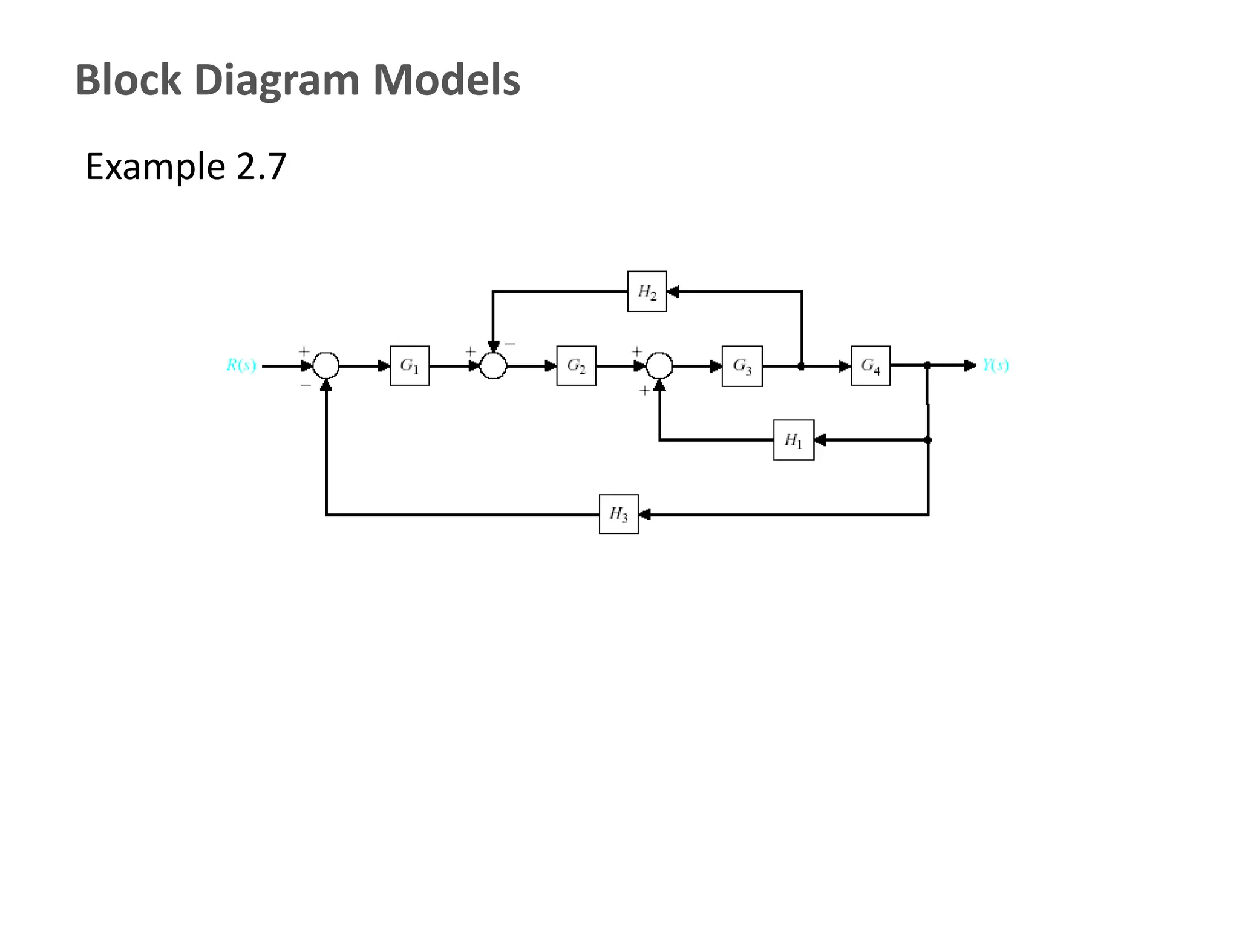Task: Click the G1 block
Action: (410, 366)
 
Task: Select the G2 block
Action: (576, 366)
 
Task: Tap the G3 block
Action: (742, 366)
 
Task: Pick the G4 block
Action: (870, 366)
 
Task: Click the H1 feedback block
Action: (793, 440)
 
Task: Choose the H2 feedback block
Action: (647, 292)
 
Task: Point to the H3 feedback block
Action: (618, 514)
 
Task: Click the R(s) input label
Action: (241, 365)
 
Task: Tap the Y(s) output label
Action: (995, 365)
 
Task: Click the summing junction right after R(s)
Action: (326, 365)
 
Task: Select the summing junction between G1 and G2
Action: (493, 365)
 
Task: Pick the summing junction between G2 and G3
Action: (659, 365)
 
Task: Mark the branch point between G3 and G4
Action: (801, 367)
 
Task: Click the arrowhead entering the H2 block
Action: (673, 292)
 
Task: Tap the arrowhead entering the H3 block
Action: (644, 515)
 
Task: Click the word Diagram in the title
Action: (277, 80)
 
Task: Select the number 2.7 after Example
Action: (261, 166)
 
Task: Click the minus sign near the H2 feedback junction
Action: (510, 344)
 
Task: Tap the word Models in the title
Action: (446, 80)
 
